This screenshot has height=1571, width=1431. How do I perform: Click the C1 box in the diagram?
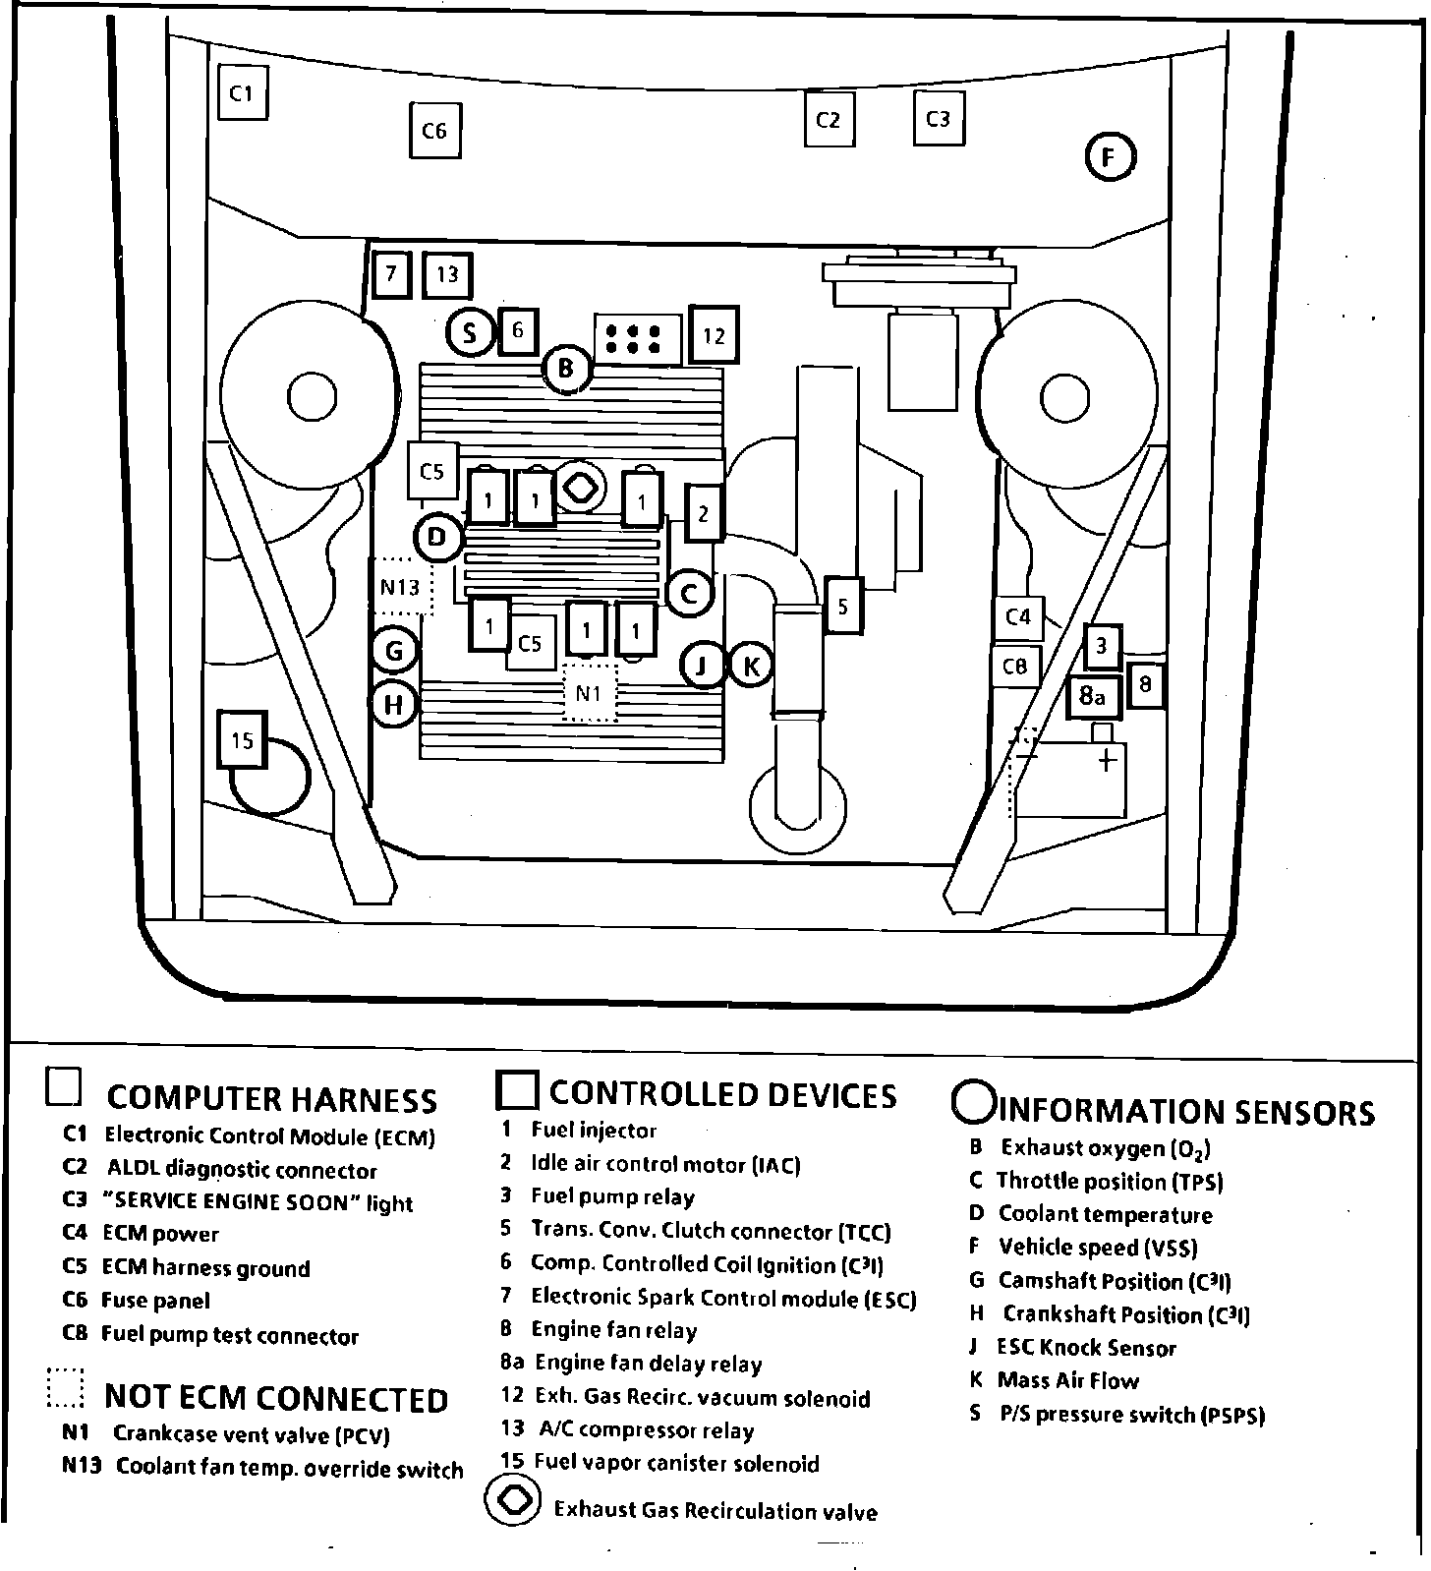point(242,92)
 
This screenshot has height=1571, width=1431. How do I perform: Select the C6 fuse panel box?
point(434,130)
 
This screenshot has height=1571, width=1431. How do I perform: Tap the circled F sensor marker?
point(1111,157)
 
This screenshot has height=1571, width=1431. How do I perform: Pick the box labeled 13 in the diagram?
point(447,274)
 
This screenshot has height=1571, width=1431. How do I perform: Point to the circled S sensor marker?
point(470,332)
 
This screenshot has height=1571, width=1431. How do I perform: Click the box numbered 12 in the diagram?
point(714,335)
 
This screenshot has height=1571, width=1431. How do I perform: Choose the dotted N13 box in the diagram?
point(401,587)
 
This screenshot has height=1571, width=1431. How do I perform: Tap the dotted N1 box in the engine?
point(589,693)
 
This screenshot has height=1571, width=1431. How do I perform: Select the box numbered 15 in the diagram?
point(242,739)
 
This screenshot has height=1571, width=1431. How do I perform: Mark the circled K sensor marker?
point(750,667)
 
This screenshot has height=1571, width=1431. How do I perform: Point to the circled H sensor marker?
point(394,704)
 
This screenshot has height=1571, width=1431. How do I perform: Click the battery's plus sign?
point(1107,760)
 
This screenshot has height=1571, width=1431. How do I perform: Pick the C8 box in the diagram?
point(1015,667)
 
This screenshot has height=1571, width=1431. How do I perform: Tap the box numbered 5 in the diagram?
point(843,607)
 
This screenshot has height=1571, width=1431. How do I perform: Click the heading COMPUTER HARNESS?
point(271,1098)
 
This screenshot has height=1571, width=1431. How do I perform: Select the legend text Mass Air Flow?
point(1067,1380)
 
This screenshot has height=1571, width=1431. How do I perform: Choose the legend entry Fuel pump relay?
point(612,1196)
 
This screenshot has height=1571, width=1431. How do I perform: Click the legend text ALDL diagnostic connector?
point(242,1170)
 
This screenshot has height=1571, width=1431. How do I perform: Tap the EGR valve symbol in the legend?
point(513,1501)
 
